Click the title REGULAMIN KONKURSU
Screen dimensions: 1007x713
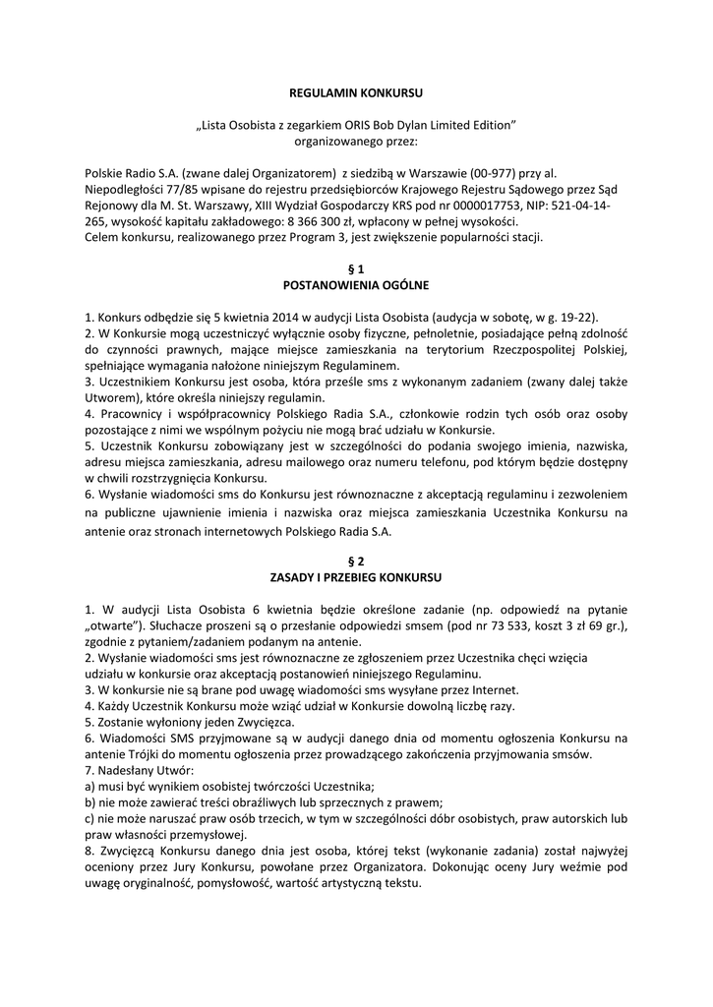tap(356, 91)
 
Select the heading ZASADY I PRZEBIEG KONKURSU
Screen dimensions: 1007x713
tap(356, 575)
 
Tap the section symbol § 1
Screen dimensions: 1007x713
tap(356, 267)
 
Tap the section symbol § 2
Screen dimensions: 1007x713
tap(356, 560)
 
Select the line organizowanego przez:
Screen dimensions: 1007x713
tap(356, 141)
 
